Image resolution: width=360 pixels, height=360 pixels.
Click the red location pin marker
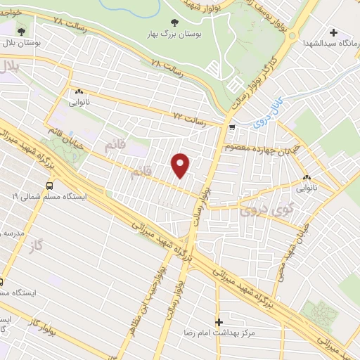181,165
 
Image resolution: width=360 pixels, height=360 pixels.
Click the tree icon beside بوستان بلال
21,31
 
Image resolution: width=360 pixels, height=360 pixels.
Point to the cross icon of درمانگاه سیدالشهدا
334,32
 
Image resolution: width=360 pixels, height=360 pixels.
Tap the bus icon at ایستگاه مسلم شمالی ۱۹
49,186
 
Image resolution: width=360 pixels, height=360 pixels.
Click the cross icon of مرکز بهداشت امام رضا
219,321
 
